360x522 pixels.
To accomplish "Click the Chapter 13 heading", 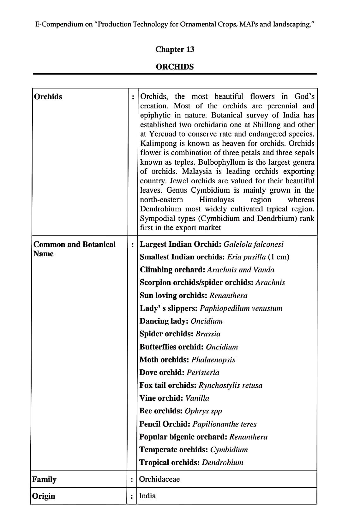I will (175, 49).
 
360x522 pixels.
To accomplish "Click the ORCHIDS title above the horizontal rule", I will (175, 67).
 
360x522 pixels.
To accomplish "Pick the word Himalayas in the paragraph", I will (217, 200).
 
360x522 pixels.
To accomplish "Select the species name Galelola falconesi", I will (253, 244).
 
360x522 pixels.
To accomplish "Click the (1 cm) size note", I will (279, 257).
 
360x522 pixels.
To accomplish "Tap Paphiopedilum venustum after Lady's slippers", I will (241, 308).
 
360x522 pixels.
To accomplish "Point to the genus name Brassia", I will (208, 334).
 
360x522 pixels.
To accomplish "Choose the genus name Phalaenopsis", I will (213, 360).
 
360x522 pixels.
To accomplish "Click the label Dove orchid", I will (162, 373).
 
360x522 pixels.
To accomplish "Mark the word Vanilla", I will (197, 398).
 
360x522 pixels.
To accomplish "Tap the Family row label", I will (45, 479).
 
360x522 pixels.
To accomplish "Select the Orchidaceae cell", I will (159, 479).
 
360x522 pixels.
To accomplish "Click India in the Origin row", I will (147, 496).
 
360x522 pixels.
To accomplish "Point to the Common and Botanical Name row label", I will (75, 249).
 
